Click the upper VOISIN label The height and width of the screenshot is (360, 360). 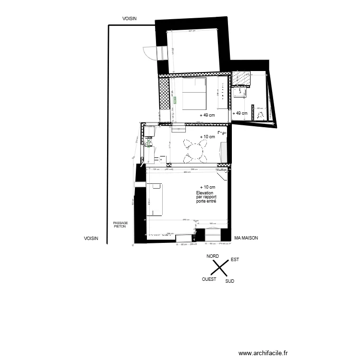point(130,18)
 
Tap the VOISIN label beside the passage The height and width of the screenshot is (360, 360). point(91,238)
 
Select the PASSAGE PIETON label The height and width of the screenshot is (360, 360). point(120,225)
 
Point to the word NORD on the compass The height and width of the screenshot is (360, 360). point(213,257)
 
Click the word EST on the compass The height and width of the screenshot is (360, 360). point(235,260)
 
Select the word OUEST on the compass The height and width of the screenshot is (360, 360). point(209,279)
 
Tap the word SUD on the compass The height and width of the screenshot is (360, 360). point(229,281)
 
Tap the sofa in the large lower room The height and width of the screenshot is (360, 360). point(157,202)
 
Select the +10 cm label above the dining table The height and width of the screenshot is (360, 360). point(207,137)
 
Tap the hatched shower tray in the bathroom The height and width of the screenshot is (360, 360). point(240,78)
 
